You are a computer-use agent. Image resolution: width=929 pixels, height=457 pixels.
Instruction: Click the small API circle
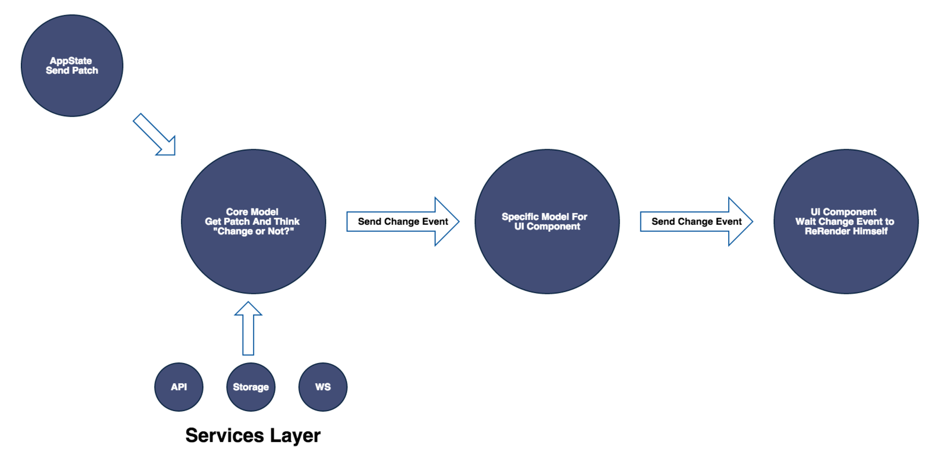[179, 387]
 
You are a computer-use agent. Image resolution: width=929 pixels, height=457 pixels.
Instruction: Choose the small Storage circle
[251, 387]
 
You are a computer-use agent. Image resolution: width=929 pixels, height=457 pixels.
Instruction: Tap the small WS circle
[323, 387]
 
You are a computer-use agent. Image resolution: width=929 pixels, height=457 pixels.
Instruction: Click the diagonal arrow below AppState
[155, 135]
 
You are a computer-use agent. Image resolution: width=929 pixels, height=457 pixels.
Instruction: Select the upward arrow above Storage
[248, 328]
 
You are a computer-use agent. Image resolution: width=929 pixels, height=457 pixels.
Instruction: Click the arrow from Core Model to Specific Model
[403, 221]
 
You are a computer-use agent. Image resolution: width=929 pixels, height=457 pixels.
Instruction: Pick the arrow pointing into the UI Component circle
[696, 221]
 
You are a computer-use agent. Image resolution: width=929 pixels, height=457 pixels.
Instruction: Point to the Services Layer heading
[253, 435]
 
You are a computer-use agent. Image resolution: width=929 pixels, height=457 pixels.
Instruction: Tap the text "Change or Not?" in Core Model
[253, 231]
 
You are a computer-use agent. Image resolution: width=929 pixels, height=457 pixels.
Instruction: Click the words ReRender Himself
[846, 231]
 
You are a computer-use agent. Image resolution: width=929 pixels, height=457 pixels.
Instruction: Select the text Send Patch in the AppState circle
[72, 71]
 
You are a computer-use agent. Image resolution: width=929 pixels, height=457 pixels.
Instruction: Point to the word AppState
[71, 60]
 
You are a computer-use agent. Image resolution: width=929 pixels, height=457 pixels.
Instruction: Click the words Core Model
[252, 212]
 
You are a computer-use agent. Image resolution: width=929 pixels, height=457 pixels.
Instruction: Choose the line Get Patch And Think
[252, 221]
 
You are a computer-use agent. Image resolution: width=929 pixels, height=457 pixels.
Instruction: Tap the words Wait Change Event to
[845, 221]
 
